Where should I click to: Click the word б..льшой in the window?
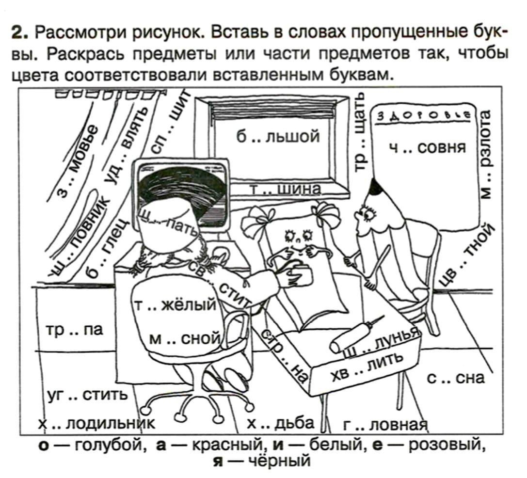278,137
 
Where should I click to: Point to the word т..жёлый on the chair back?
174,304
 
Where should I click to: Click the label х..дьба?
281,423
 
